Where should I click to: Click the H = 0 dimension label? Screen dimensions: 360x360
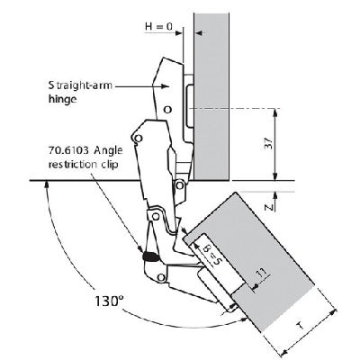[160, 26]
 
